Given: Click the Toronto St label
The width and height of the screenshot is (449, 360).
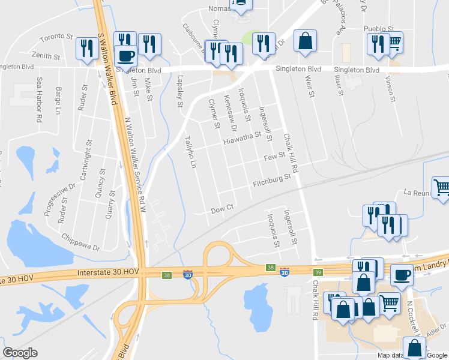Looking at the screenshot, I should [x=56, y=38].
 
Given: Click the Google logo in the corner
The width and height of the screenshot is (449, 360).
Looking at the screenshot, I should [x=20, y=353].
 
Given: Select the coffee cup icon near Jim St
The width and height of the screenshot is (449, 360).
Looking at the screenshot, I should [x=125, y=56].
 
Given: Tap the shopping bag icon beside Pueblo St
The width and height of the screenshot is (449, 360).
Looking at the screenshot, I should [x=305, y=41].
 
